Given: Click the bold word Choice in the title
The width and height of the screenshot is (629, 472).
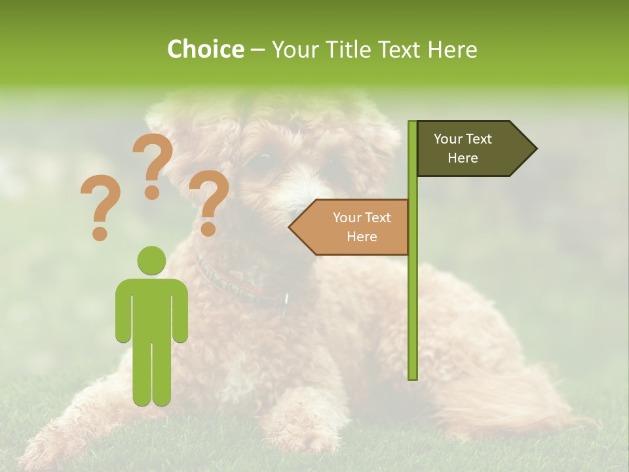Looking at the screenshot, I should click(x=205, y=49).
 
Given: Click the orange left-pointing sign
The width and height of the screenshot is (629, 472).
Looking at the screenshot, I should click(x=354, y=227).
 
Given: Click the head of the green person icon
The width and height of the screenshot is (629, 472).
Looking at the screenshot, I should click(x=151, y=260).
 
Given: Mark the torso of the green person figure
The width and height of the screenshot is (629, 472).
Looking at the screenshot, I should click(x=151, y=308).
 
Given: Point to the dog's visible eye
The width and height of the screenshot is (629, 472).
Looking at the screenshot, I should click(x=262, y=157).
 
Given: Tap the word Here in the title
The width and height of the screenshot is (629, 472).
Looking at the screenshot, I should click(x=451, y=49).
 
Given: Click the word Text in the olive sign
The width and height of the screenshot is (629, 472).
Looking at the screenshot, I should click(x=478, y=139).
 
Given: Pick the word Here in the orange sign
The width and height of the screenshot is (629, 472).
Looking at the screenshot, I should click(x=362, y=237).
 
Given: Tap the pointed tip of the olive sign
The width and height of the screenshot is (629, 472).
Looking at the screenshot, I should click(x=535, y=149).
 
